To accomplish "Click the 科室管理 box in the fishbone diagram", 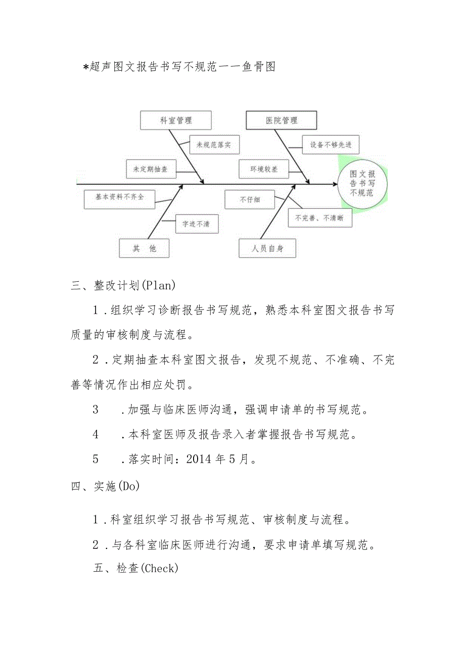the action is click(175, 121).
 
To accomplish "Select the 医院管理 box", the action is click(282, 121).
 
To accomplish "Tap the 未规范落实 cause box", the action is click(214, 145).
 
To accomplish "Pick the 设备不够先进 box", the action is click(331, 145).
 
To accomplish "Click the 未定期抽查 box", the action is click(150, 170).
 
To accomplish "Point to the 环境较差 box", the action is click(264, 170).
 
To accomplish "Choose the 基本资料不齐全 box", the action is click(120, 197).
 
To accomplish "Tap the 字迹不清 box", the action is click(197, 224).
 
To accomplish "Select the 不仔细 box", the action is click(250, 199).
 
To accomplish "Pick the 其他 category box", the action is click(145, 248).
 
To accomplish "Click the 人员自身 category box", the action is click(267, 248).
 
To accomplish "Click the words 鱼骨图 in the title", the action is click(258, 66).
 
